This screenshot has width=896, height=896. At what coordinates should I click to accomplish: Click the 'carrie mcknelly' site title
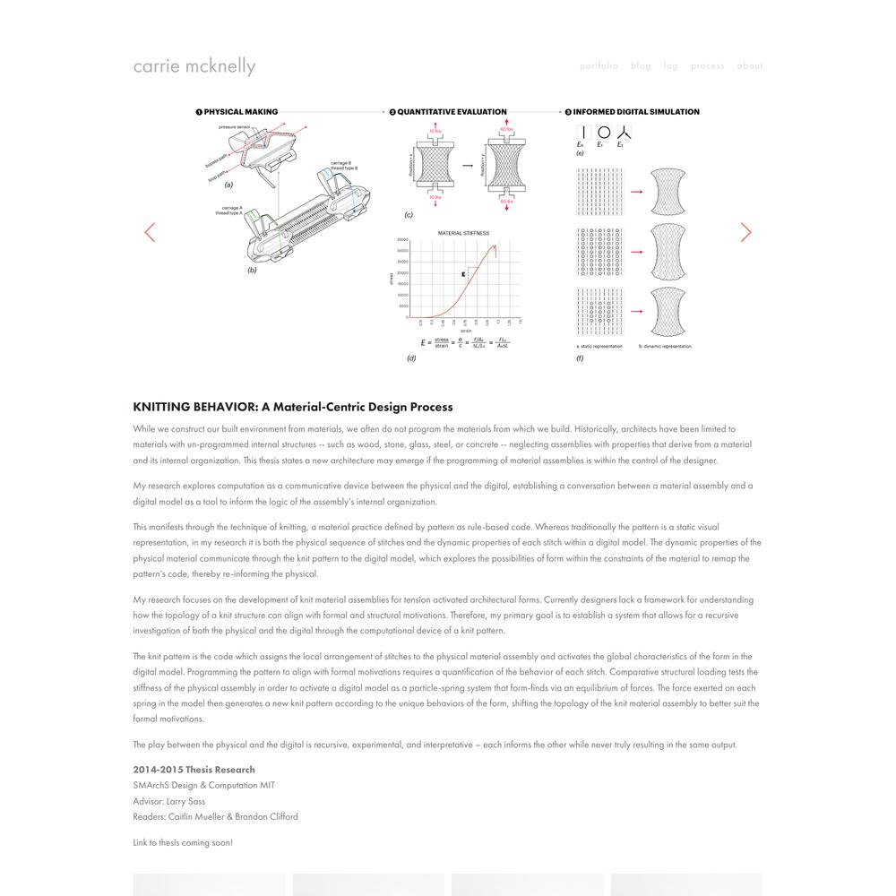point(194,66)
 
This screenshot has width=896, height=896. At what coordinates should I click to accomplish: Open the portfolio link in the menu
point(599,65)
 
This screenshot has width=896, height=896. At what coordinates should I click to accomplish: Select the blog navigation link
point(641,65)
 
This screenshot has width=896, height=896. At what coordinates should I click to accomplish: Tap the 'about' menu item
point(750,65)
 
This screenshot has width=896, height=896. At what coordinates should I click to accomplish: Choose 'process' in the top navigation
point(707,65)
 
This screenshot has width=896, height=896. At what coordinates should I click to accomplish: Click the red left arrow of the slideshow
point(150,232)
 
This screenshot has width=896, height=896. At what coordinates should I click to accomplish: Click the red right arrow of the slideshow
point(745,232)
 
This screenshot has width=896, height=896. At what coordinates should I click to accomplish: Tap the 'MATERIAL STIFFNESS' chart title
point(463,233)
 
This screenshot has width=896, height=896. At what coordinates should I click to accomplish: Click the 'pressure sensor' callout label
point(236,127)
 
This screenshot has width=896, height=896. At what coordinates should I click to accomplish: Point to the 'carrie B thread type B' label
point(344,166)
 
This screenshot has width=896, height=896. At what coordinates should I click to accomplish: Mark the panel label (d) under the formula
point(411,358)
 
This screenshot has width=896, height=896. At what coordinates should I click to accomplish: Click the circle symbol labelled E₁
point(603,133)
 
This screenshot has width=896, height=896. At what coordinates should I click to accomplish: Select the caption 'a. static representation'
point(599,346)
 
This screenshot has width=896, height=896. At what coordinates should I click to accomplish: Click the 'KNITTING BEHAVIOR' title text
point(293,407)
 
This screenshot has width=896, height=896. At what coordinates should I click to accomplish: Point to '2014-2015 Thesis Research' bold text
point(194,770)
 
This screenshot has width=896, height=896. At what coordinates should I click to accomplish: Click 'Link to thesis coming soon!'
point(183,842)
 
